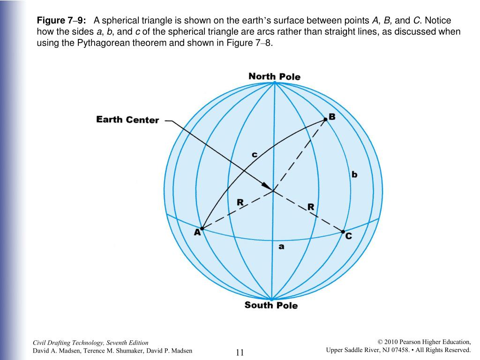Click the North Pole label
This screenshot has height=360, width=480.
click(x=274, y=76)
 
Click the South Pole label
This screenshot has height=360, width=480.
click(x=271, y=305)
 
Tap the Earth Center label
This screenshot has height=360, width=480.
click(x=127, y=120)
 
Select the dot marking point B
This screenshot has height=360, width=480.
click(x=325, y=120)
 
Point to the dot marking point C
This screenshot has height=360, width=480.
click(x=343, y=232)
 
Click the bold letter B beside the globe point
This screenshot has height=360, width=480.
click(x=332, y=117)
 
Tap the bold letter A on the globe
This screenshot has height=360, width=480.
click(x=197, y=232)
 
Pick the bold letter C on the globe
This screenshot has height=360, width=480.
click(x=348, y=236)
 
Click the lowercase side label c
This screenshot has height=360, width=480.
click(x=255, y=154)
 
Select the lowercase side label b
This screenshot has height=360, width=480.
click(x=354, y=174)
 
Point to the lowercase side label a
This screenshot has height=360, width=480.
click(x=281, y=246)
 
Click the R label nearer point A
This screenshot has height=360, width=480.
click(x=240, y=202)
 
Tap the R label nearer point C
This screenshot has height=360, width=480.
click(x=310, y=207)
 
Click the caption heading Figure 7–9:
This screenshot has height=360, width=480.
click(x=61, y=21)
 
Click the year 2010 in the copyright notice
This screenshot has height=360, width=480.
click(x=392, y=342)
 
